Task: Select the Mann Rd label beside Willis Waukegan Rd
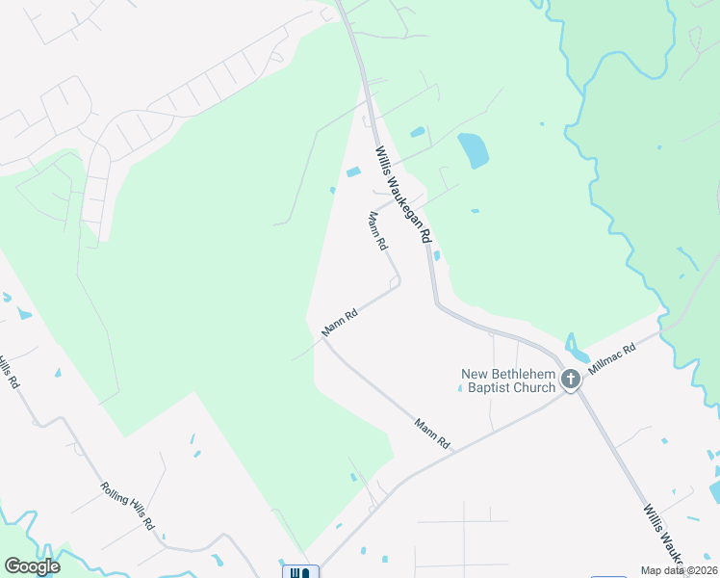click(x=377, y=232)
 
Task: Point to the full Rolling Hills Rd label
click(x=127, y=505)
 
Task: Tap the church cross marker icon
click(x=571, y=380)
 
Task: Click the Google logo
click(x=32, y=566)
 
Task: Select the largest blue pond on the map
click(x=473, y=149)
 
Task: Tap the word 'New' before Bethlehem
click(x=476, y=373)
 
